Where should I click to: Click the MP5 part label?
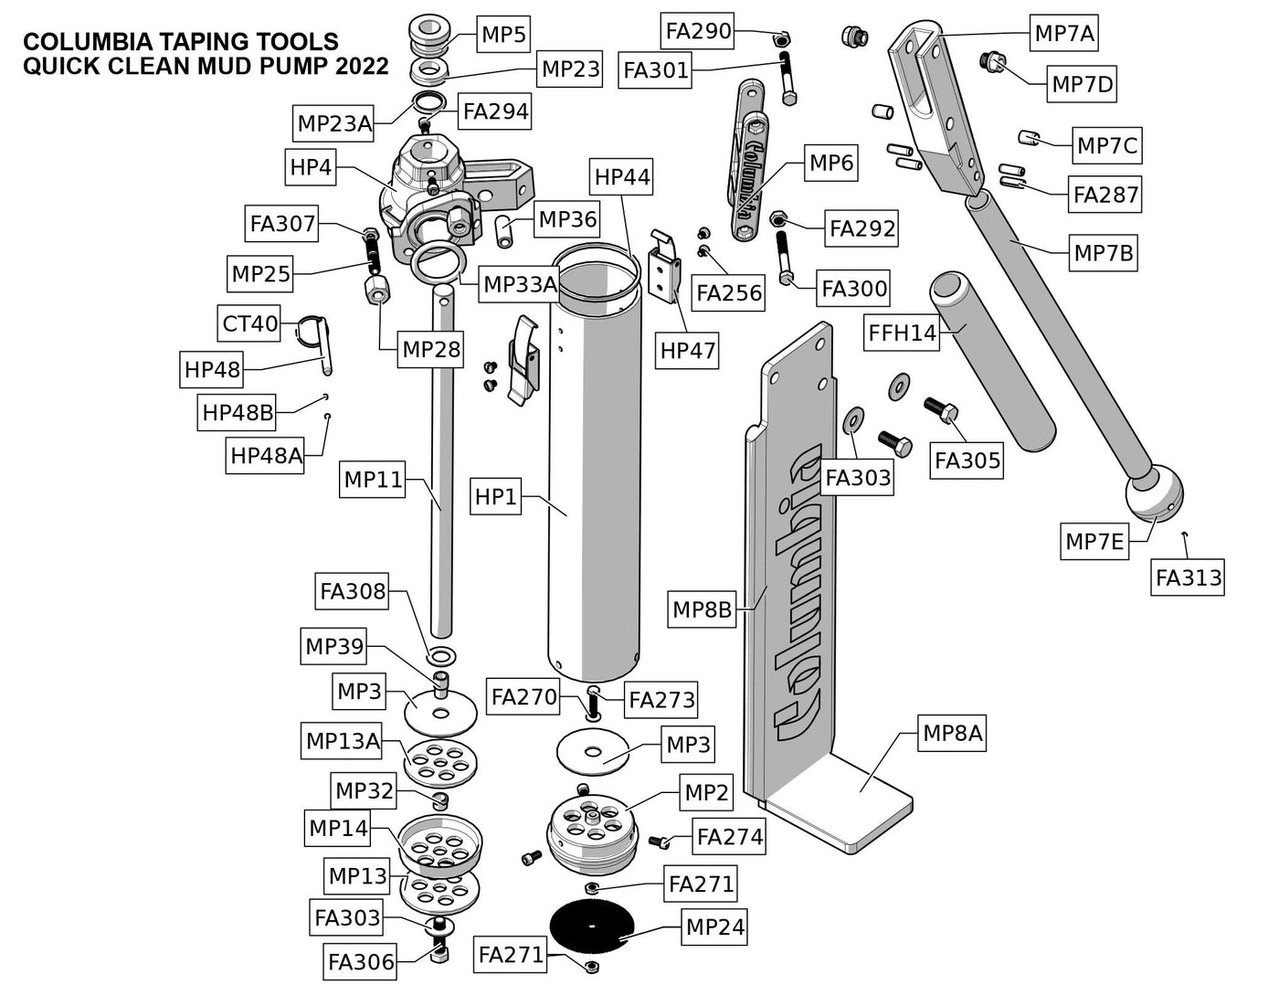(504, 36)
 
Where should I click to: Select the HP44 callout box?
(622, 176)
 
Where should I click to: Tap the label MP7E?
(1094, 541)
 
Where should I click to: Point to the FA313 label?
(1188, 577)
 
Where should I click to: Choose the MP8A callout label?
(952, 733)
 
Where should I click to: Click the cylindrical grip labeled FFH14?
(991, 360)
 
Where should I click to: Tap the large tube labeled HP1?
(594, 475)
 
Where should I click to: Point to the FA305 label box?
(967, 460)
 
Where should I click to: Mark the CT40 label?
(249, 323)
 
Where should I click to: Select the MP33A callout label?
(520, 285)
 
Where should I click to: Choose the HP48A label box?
(266, 455)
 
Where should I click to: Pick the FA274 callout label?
(729, 836)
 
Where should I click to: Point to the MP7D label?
(1083, 85)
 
